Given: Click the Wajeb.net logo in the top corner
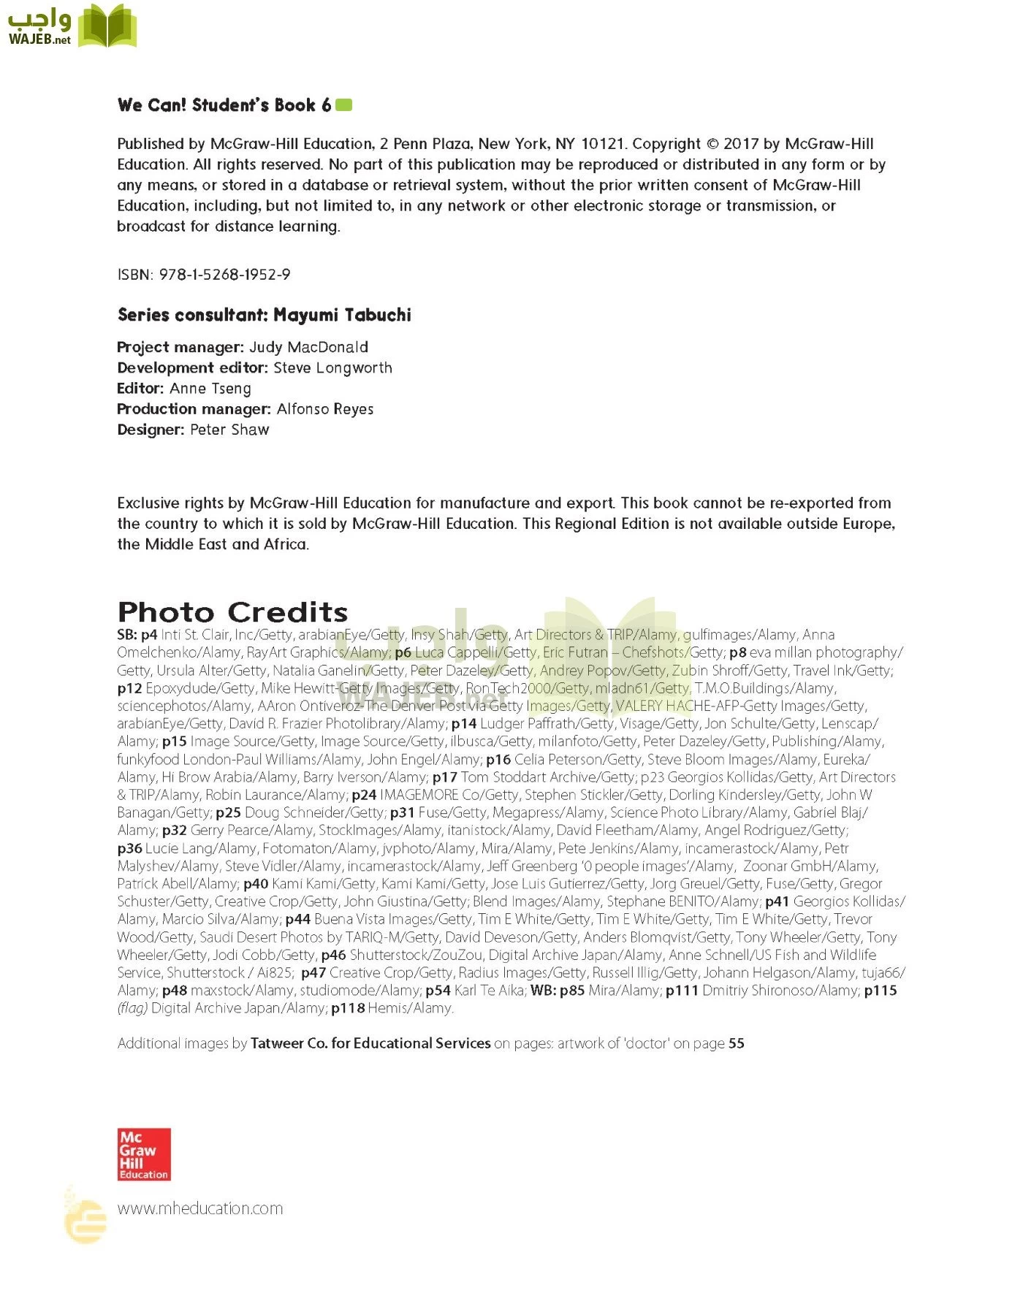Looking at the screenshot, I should (72, 26).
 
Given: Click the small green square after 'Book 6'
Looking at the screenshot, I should (343, 105).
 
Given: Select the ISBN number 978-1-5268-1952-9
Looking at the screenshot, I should (224, 275).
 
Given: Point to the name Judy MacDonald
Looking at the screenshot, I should (308, 347).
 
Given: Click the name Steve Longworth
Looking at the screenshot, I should (332, 367).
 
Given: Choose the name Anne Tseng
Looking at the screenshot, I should (210, 389).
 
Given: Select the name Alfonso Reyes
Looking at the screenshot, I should (325, 409).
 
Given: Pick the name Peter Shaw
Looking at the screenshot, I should (229, 430).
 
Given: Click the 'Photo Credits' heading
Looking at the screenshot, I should (232, 611).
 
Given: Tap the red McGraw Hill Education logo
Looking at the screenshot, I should (144, 1154).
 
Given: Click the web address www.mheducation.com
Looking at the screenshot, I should (199, 1208).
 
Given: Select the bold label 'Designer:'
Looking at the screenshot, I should (151, 430).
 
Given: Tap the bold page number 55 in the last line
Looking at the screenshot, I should (736, 1043).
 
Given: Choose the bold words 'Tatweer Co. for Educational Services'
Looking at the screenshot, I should (370, 1043).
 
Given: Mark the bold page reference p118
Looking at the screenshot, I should (348, 1008).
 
